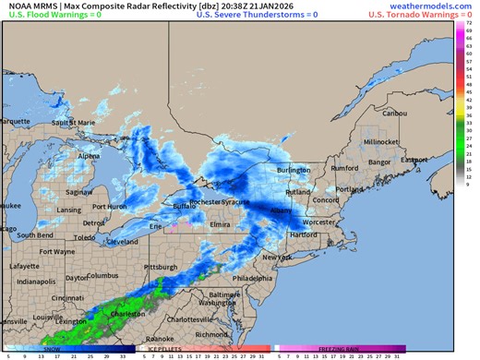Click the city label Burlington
coord(294,171)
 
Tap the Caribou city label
coord(394,113)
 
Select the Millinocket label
coord(381,142)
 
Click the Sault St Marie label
coord(74,122)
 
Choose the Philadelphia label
coord(253,277)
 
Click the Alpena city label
coord(89,156)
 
